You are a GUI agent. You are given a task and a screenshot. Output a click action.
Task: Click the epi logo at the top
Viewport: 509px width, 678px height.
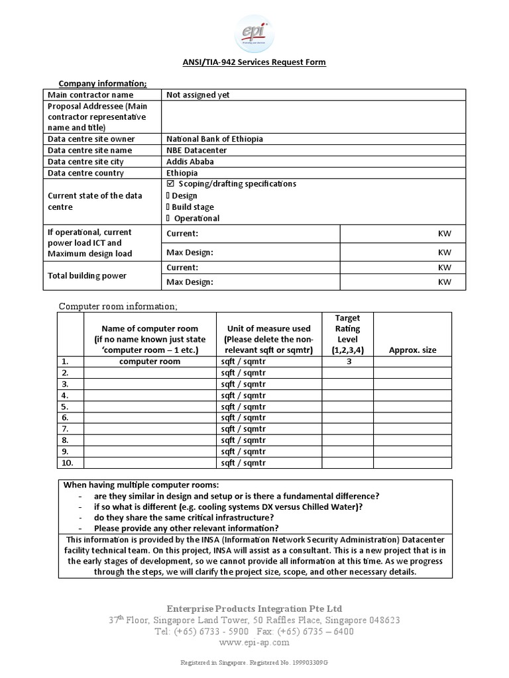pyautogui.click(x=254, y=32)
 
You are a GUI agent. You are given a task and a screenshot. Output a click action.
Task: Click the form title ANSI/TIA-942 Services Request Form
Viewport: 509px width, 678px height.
pyautogui.click(x=254, y=62)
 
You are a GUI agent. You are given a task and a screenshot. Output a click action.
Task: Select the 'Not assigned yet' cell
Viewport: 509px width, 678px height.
pyautogui.click(x=198, y=95)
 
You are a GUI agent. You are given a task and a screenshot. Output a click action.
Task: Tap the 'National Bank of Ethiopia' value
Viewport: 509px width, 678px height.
pyautogui.click(x=215, y=139)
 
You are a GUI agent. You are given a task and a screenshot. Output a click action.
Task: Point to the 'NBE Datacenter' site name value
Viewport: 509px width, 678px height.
pyautogui.click(x=196, y=150)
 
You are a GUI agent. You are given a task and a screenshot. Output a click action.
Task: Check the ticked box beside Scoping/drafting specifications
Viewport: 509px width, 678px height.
pyautogui.click(x=170, y=184)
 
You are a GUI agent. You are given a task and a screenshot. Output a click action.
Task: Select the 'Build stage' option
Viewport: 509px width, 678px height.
pyautogui.click(x=193, y=207)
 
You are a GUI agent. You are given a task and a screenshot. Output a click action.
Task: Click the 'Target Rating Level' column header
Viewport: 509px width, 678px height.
pyautogui.click(x=347, y=334)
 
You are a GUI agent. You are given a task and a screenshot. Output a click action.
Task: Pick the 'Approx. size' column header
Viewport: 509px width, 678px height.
pyautogui.click(x=412, y=350)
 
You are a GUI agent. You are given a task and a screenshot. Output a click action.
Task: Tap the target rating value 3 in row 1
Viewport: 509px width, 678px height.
pyautogui.click(x=347, y=362)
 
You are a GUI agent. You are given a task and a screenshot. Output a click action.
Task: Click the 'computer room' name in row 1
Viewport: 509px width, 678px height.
pyautogui.click(x=149, y=362)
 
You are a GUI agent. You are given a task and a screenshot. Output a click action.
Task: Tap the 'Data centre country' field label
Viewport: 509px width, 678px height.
pyautogui.click(x=85, y=173)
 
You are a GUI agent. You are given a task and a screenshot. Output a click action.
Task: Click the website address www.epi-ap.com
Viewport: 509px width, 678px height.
pyautogui.click(x=254, y=642)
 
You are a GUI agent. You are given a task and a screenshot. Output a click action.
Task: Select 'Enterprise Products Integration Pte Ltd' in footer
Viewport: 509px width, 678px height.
pyautogui.click(x=254, y=608)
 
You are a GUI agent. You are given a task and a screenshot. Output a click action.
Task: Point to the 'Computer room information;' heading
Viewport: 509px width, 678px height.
pyautogui.click(x=118, y=306)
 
